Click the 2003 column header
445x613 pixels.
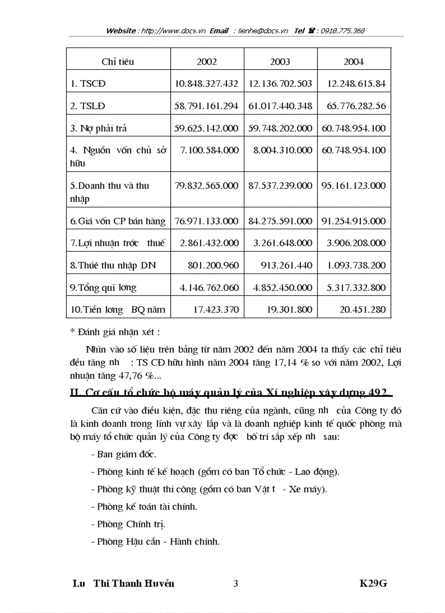pyautogui.click(x=280, y=62)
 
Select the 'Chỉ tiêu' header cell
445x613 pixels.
pyautogui.click(x=118, y=62)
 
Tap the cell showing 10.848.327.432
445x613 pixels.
pyautogui.click(x=207, y=84)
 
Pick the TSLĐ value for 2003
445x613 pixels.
pyautogui.click(x=280, y=106)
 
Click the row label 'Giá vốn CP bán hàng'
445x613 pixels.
pyautogui.click(x=118, y=221)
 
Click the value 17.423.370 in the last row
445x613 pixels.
pyautogui.click(x=216, y=310)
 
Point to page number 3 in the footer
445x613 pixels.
pyautogui.click(x=236, y=584)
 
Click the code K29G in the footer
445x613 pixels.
pyautogui.click(x=373, y=584)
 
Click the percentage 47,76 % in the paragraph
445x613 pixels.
pyautogui.click(x=136, y=376)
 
